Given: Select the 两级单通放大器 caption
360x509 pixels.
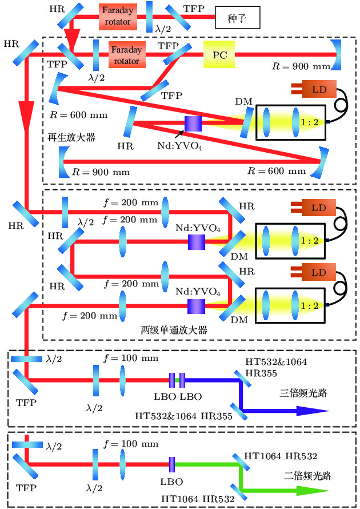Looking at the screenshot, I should click(173, 330).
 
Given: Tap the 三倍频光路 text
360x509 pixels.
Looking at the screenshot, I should click(299, 393).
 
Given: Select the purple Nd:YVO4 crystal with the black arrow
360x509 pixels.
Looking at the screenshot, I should click(194, 123).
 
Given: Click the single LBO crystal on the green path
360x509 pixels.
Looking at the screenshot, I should click(171, 463).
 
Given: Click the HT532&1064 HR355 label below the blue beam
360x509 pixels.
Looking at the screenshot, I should click(183, 416).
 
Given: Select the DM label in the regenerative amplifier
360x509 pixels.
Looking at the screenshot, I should click(242, 101).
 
